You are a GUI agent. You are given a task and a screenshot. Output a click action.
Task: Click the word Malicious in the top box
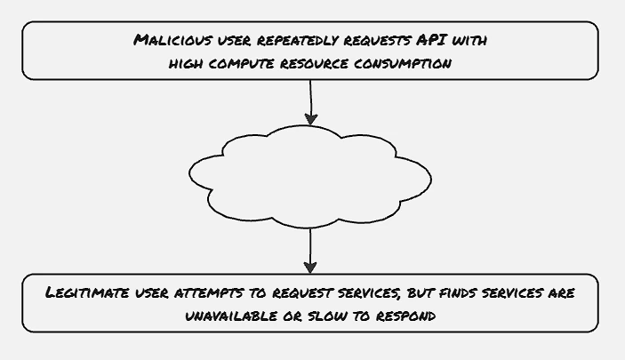click(x=172, y=40)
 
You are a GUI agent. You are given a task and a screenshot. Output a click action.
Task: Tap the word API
click(x=432, y=40)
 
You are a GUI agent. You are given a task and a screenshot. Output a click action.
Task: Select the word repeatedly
click(x=298, y=41)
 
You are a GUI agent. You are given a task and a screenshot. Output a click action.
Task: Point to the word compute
click(x=241, y=63)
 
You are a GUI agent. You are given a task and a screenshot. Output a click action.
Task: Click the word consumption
click(x=403, y=63)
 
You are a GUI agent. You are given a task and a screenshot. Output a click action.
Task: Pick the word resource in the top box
click(x=314, y=63)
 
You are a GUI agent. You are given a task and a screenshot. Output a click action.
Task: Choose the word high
click(x=185, y=63)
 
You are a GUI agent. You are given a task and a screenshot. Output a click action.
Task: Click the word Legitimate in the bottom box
click(x=87, y=292)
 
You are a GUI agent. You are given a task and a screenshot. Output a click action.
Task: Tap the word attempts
click(x=209, y=293)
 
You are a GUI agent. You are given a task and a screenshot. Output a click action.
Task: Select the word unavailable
click(x=231, y=316)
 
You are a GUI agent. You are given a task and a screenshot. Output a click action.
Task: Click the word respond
click(x=405, y=316)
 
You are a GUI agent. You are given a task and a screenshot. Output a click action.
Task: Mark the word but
click(x=421, y=292)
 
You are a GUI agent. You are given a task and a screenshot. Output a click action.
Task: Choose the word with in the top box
click(x=469, y=40)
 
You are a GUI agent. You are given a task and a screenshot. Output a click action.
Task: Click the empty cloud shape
click(x=310, y=177)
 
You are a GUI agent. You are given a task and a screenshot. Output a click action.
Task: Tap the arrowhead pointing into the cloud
click(x=311, y=119)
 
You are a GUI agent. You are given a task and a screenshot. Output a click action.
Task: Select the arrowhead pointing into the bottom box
click(x=310, y=267)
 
